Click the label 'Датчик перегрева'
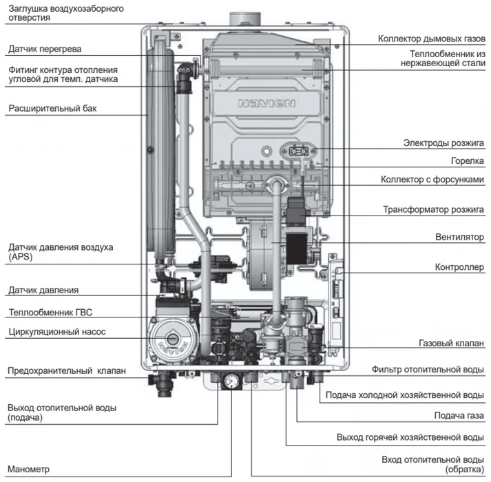pos(45,49)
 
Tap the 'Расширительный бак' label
pos(52,108)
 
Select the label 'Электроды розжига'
pos(443,143)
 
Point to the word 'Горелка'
pos(467,161)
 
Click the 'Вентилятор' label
pos(460,237)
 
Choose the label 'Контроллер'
pos(459,267)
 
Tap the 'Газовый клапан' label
pos(451,344)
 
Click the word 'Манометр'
pos(28,469)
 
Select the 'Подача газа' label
pos(459,416)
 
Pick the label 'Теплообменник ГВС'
pos(50,312)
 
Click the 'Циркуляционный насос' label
pos(57,332)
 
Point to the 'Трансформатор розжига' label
pos(433,209)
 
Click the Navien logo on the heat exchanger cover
pos(267,103)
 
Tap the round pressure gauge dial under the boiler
pos(231,381)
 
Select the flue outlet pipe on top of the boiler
pos(245,19)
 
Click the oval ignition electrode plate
pos(298,151)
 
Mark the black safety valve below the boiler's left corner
pos(162,385)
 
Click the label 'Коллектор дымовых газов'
pos(432,39)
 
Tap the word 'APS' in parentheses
pos(21,257)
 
